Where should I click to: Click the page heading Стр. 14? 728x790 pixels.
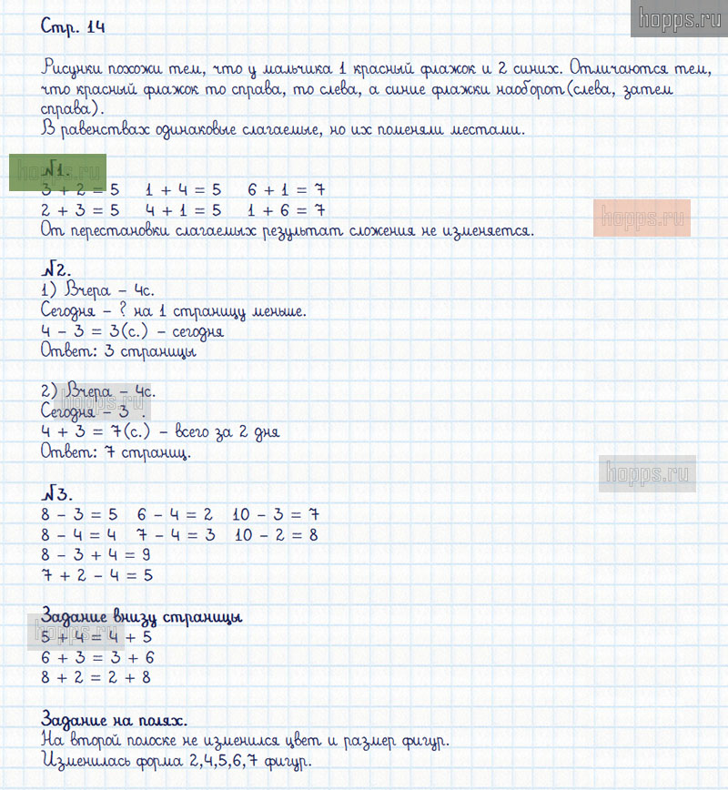click(x=73, y=27)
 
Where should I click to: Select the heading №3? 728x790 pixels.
click(x=56, y=494)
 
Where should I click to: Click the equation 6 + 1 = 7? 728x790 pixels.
click(x=286, y=191)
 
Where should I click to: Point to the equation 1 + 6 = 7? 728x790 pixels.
click(x=286, y=211)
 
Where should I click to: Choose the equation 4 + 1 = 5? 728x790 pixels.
click(x=183, y=211)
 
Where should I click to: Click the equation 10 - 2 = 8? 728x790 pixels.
click(x=275, y=535)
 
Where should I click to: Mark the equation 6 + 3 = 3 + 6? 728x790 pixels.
click(x=97, y=657)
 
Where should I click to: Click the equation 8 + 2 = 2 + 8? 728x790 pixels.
click(x=96, y=677)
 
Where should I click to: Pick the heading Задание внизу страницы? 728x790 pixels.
click(x=142, y=617)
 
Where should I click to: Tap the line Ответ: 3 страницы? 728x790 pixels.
click(x=118, y=351)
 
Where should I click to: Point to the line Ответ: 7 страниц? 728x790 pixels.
click(x=116, y=451)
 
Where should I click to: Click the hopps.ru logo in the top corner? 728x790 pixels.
click(x=679, y=18)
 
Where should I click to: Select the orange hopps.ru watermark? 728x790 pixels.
click(x=642, y=218)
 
